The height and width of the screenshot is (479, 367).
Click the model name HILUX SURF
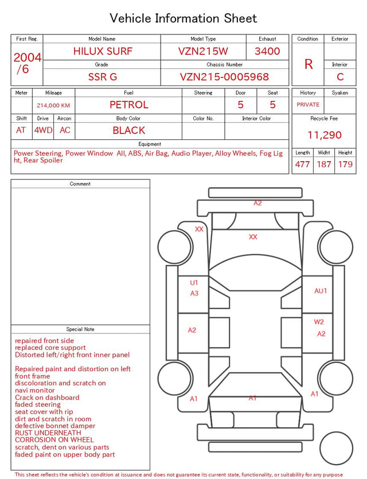103,51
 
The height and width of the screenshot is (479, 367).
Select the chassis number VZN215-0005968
224,77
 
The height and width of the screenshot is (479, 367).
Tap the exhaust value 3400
267,51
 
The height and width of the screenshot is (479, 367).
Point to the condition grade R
309,64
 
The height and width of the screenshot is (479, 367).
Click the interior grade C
340,77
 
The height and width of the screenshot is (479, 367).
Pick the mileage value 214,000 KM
53,106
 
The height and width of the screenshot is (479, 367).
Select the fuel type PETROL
129,105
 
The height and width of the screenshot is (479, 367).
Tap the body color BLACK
129,130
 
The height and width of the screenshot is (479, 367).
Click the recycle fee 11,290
324,135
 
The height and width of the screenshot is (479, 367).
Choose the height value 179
345,164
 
